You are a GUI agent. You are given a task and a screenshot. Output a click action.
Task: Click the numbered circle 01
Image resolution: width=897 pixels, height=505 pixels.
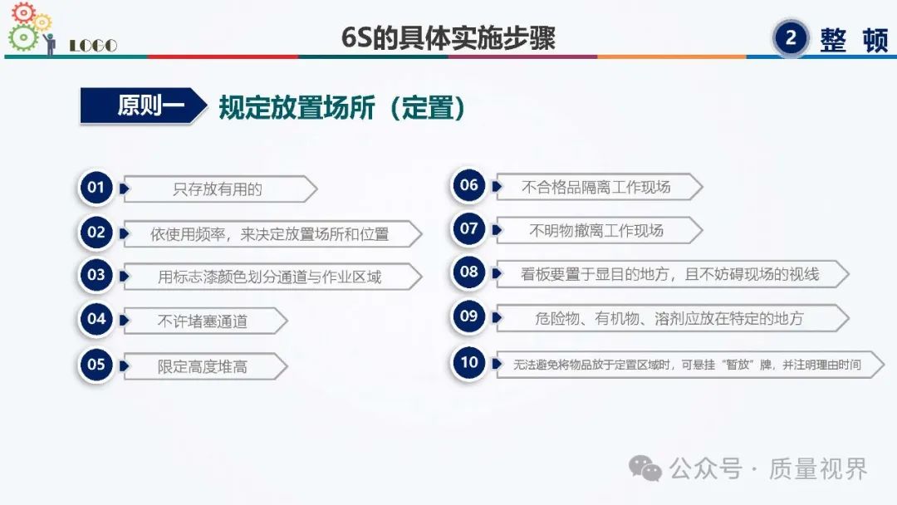tap(96, 188)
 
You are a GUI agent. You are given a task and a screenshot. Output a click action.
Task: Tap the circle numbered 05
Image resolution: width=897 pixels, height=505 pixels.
tap(96, 365)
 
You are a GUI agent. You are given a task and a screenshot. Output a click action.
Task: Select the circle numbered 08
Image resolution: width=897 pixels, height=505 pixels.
tap(468, 272)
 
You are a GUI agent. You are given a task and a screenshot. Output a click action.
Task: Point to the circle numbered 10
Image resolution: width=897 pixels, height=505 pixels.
tap(468, 363)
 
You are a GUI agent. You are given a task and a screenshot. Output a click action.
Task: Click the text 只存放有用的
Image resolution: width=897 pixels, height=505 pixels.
tap(218, 189)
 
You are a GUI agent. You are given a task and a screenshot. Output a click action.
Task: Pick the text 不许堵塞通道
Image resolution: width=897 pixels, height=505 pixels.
tap(203, 321)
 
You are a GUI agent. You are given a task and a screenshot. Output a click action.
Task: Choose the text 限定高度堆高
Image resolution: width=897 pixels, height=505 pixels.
tap(203, 366)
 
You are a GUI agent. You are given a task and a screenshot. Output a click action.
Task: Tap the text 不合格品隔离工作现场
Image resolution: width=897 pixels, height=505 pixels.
tap(596, 187)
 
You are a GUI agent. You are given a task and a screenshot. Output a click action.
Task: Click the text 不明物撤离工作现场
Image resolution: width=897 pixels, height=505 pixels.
tap(596, 230)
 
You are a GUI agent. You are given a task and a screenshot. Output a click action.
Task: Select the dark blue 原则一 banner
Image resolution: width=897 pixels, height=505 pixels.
tap(143, 105)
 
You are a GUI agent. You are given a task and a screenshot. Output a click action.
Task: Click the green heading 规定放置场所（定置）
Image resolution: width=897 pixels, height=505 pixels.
tap(341, 107)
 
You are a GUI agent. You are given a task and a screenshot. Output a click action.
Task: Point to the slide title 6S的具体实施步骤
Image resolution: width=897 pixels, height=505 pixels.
tap(448, 37)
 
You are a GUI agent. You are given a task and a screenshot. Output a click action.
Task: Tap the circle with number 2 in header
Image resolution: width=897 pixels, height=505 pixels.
tap(791, 38)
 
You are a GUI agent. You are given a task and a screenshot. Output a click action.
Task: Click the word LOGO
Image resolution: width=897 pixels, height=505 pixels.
tap(93, 46)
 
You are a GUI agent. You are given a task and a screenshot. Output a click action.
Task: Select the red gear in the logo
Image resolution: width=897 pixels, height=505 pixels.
tap(24, 12)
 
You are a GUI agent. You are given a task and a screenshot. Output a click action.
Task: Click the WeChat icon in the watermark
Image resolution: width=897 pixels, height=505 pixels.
tap(645, 469)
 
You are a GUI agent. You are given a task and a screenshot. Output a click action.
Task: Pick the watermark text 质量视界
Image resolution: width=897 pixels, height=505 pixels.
tap(819, 469)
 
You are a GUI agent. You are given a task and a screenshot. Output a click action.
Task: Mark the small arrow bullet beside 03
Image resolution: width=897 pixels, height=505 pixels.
tap(124, 277)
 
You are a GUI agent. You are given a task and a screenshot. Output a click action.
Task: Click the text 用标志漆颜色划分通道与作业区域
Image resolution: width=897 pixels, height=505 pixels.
tap(269, 277)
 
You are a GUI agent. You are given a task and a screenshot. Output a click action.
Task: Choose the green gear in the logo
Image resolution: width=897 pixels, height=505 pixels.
tap(23, 37)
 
